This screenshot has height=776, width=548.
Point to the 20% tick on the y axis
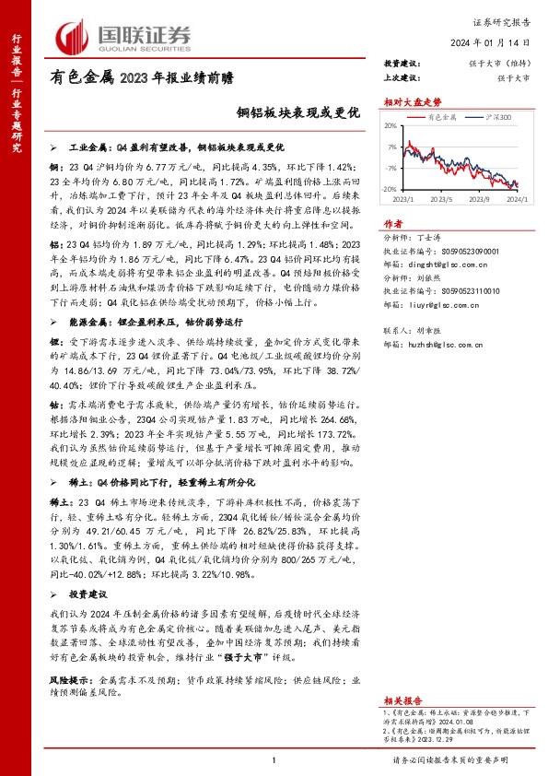click(391, 126)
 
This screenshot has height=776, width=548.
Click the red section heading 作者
click(393, 223)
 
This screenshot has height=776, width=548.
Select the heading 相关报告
click(402, 675)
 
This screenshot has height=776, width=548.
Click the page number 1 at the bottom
click(274, 759)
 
